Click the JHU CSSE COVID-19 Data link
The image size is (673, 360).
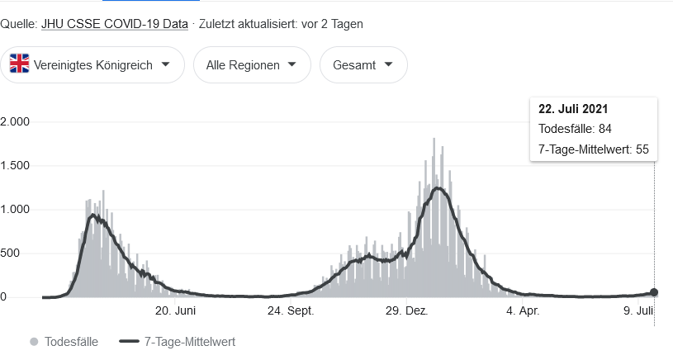[x=114, y=24]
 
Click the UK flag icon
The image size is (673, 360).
[x=20, y=65]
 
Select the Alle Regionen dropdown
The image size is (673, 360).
[x=252, y=65]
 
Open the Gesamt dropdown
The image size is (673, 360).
[x=363, y=65]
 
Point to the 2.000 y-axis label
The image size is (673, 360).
[x=15, y=121]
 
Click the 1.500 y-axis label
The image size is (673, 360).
[x=15, y=165]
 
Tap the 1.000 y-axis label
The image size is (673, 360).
[x=15, y=209]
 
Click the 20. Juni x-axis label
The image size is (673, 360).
[x=175, y=311]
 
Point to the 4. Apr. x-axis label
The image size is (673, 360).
[x=523, y=311]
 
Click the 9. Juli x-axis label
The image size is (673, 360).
[x=639, y=311]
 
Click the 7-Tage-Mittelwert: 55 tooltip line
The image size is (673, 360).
[x=593, y=149]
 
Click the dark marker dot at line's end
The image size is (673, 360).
[x=654, y=292]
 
